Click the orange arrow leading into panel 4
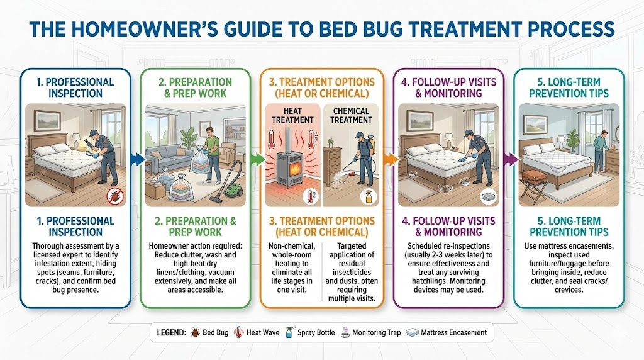point(391,159)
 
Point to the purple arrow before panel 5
point(512,159)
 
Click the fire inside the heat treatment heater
point(292,168)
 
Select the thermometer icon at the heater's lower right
point(309,196)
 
